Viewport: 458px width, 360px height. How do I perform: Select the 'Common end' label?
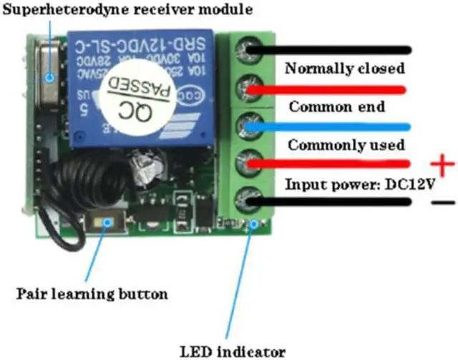coord(336,107)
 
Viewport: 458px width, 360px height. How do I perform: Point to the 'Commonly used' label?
coord(345,145)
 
